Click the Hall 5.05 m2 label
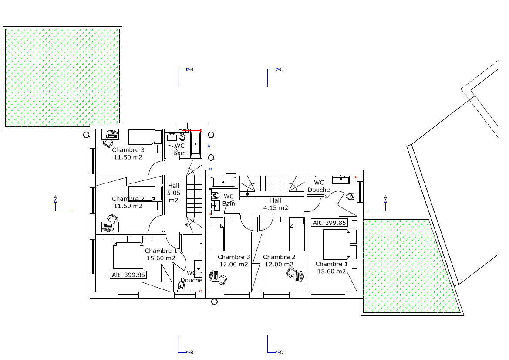[174, 193]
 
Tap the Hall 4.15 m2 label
[276, 204]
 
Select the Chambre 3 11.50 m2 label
[128, 153]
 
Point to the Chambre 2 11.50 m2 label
[128, 202]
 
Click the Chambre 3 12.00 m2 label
[234, 261]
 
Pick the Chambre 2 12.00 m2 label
[279, 261]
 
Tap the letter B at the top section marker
[192, 69]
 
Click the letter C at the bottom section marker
[281, 352]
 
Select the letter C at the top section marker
[281, 69]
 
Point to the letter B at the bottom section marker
[192, 352]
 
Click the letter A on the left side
[55, 197]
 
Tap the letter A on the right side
[386, 197]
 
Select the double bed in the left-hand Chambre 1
[128, 252]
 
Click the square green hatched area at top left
[63, 78]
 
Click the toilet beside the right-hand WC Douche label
[350, 196]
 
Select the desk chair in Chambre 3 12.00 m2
[223, 279]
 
